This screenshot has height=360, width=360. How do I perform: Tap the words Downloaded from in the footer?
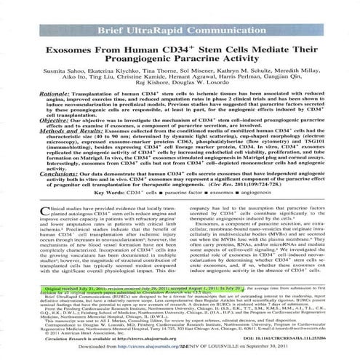pyautogui.click(x=91, y=348)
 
